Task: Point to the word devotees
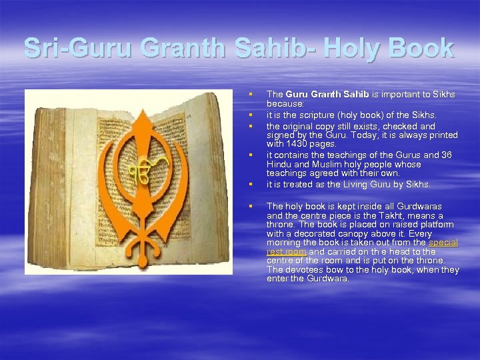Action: point(303,269)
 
